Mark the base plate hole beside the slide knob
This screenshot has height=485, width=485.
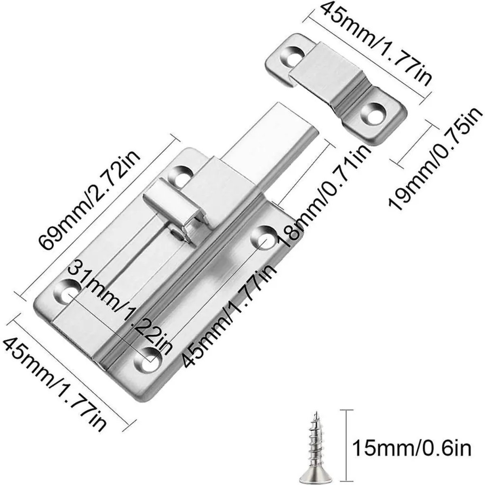[180, 176]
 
